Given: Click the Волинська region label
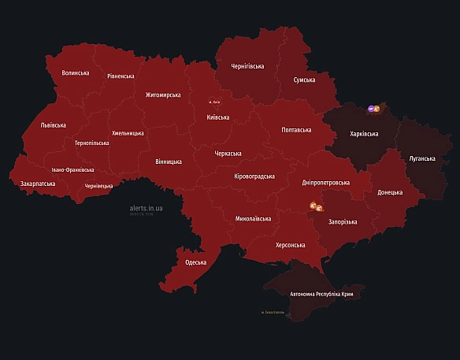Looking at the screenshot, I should coord(76,73).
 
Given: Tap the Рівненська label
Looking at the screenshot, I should coord(121,76).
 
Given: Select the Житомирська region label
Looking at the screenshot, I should coord(163,95).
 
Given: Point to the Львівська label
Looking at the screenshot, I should coord(54,125).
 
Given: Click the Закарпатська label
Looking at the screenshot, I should coord(38,184).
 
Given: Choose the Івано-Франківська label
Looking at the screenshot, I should coord(72,169).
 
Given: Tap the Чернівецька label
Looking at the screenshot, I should coord(98,186).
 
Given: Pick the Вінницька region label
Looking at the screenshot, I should coord(169,161).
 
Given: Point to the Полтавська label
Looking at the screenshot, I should coord(296,130).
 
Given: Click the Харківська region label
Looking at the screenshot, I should coord(364,134).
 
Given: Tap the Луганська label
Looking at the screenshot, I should coord(421,158).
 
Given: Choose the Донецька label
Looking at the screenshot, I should coord(390,192).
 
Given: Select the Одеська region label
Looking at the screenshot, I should coord(195,262).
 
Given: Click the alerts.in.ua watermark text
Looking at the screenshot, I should coord(147,209).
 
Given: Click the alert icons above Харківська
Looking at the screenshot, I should coord(374,108).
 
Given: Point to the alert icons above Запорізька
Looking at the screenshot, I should coord(316,207).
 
